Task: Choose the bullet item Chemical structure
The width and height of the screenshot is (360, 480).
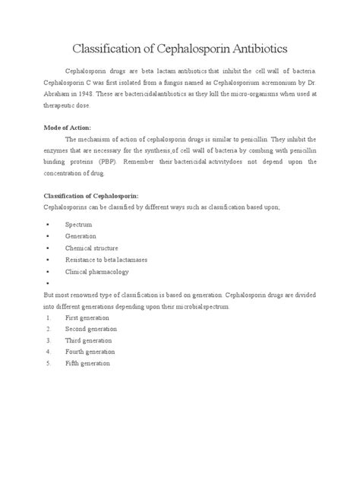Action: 90,248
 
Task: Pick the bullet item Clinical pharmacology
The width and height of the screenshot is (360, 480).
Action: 97,270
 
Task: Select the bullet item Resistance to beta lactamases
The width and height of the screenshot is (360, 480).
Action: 106,259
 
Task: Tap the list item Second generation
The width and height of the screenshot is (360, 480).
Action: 93,328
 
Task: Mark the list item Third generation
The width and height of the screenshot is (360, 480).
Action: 90,340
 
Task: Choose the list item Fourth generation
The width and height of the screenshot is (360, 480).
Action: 91,352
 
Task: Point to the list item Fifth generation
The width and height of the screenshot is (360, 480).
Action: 88,363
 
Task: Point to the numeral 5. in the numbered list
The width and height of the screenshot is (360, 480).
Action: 48,363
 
